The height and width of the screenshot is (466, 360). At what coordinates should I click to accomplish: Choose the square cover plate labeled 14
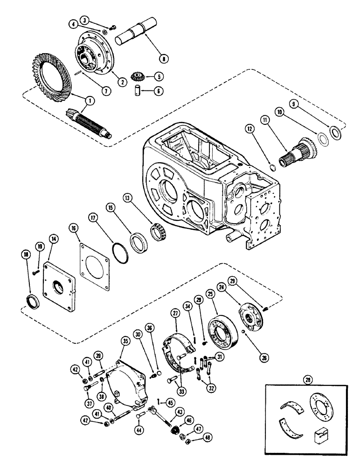pyautogui.click(x=60, y=285)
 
